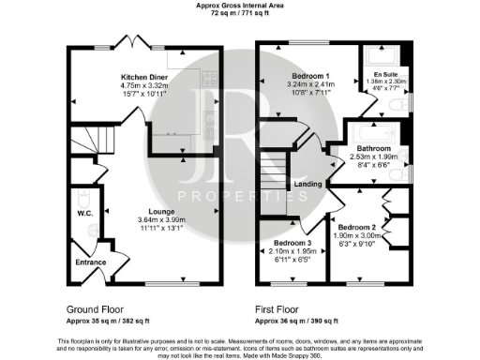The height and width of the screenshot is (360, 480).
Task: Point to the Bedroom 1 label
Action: tap(313, 75)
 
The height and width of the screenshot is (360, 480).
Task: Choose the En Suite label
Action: tap(384, 73)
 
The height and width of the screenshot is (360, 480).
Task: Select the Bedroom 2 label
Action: tap(356, 227)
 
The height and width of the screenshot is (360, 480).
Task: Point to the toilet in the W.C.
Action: tap(82, 201)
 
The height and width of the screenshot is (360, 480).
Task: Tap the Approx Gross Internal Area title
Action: tap(239, 6)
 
